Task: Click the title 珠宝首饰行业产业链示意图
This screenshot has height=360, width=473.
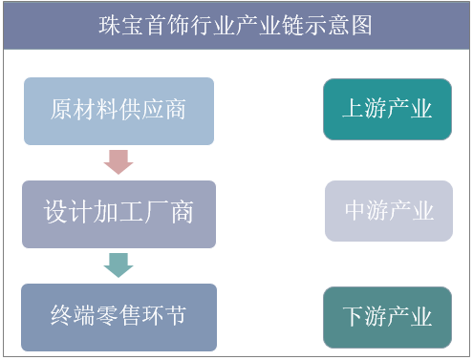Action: tap(235, 24)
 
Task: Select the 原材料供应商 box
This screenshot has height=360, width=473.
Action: tap(118, 111)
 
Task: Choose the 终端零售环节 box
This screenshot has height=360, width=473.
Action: tap(118, 316)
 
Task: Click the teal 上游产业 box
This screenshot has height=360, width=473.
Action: tap(387, 109)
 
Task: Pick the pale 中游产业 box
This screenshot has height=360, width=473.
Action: tap(388, 211)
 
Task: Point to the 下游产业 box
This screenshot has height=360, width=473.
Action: tap(387, 316)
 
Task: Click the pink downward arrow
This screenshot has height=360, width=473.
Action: tap(118, 161)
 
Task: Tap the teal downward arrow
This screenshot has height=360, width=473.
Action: tap(118, 264)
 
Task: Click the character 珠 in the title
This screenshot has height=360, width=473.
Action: tap(111, 24)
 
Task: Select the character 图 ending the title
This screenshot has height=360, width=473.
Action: tap(361, 24)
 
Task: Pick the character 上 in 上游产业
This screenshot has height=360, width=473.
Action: tap(354, 109)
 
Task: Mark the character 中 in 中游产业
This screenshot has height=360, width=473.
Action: tap(355, 211)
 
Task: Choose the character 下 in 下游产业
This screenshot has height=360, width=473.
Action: tap(354, 316)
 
